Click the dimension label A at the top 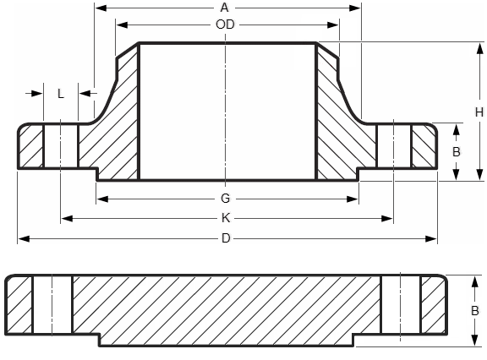[225, 8]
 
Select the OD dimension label [225, 25]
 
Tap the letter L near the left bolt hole [61, 94]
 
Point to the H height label [478, 112]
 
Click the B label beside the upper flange [456, 152]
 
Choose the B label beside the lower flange [474, 309]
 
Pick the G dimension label [225, 199]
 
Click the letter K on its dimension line [225, 218]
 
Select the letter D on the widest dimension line [225, 238]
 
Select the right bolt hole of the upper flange [393, 147]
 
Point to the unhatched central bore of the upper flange [227, 110]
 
